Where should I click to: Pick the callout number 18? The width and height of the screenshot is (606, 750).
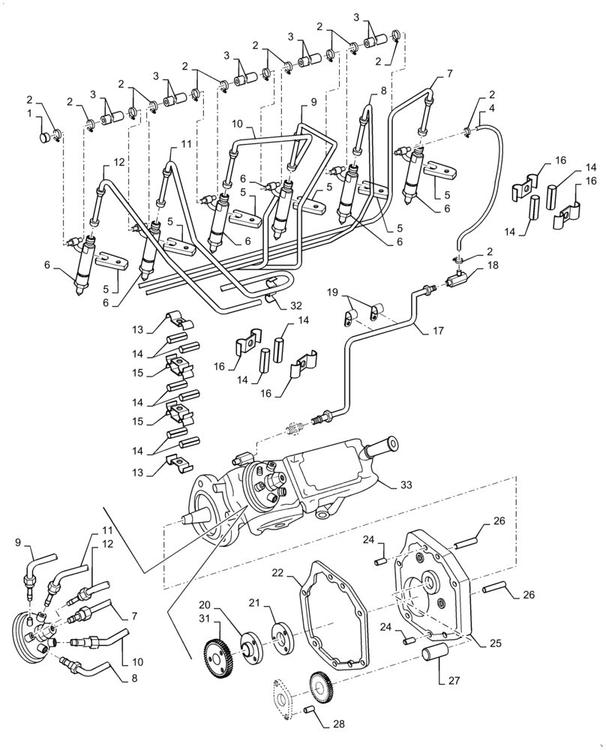click(491, 265)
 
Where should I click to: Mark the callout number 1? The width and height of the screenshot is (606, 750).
click(30, 113)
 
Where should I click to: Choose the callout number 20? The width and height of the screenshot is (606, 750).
click(205, 604)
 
